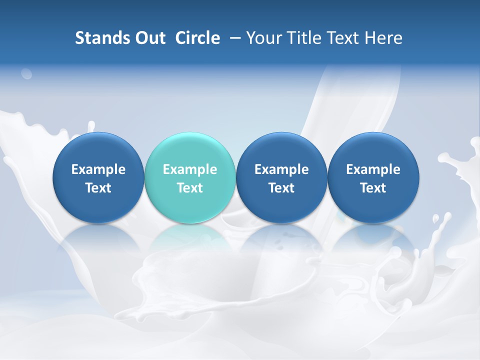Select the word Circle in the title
[x=197, y=38]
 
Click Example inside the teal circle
[x=190, y=169]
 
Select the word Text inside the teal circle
[x=190, y=188]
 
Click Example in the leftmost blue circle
[x=98, y=169]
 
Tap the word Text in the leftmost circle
[x=98, y=188]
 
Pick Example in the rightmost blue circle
[x=373, y=169]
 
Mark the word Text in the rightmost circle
[x=373, y=188]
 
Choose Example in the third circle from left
[x=281, y=169]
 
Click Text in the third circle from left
[x=281, y=188]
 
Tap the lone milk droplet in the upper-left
[x=26, y=74]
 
